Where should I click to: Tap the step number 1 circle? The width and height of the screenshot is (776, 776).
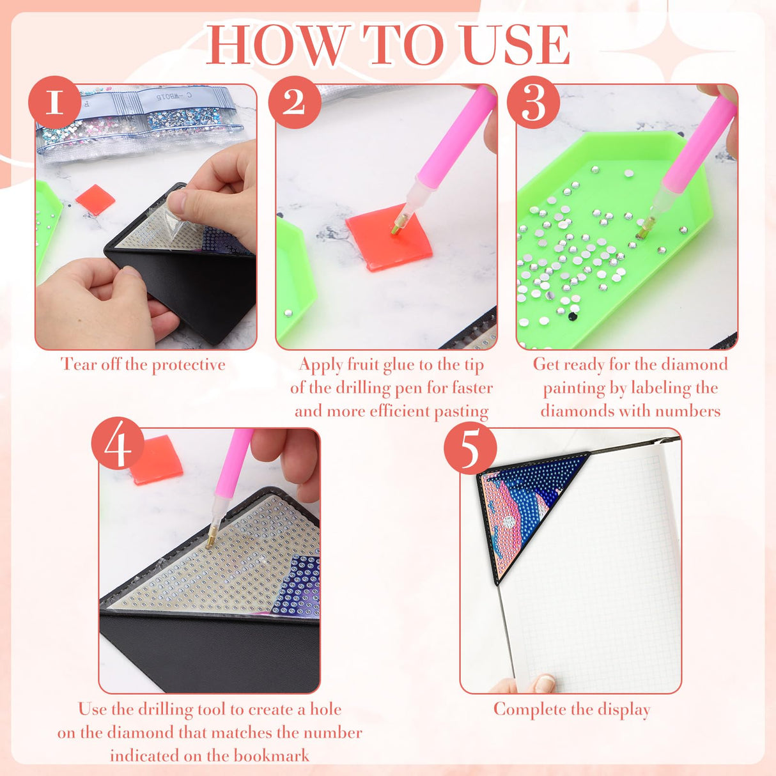click(x=54, y=102)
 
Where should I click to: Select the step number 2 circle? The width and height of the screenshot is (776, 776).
click(x=294, y=102)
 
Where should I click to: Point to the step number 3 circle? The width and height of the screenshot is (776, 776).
click(x=533, y=102)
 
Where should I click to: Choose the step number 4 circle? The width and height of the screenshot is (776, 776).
click(x=118, y=444)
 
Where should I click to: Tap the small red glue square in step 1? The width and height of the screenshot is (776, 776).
click(x=95, y=199)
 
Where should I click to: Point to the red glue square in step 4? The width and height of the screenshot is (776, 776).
click(x=156, y=459)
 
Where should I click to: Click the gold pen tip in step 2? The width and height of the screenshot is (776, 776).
click(x=399, y=224)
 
